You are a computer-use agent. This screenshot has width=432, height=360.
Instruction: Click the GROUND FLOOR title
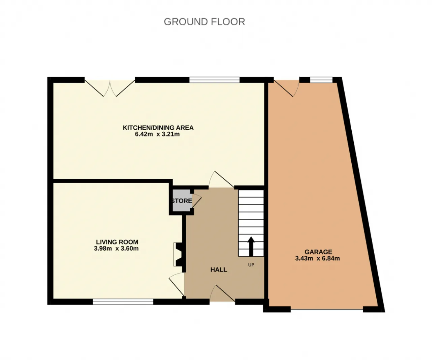205,22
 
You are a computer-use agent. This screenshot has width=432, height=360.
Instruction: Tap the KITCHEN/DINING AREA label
158,128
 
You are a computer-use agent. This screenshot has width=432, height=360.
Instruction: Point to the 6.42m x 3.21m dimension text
157,134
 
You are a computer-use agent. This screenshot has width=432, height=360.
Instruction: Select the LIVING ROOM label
117,242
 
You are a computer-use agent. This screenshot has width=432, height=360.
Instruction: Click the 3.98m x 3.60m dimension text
116,249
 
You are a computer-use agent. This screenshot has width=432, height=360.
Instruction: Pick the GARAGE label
318,252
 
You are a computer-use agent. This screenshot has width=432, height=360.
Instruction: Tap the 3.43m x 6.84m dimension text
317,258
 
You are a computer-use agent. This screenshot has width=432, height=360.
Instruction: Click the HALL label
219,269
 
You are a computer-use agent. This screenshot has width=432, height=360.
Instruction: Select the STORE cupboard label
182,201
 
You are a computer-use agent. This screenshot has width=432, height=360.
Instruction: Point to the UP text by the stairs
251,265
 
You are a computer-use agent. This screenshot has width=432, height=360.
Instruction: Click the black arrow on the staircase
251,246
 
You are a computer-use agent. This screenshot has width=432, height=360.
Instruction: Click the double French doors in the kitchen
110,88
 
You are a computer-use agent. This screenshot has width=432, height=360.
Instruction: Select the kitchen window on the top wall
215,80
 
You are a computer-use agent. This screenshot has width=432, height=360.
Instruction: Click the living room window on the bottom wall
123,302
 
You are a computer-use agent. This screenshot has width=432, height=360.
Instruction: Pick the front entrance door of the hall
222,293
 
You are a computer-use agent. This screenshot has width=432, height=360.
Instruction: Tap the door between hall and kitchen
221,180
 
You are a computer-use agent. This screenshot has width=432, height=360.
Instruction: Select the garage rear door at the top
287,88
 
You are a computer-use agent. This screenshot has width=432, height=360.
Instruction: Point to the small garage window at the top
321,80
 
